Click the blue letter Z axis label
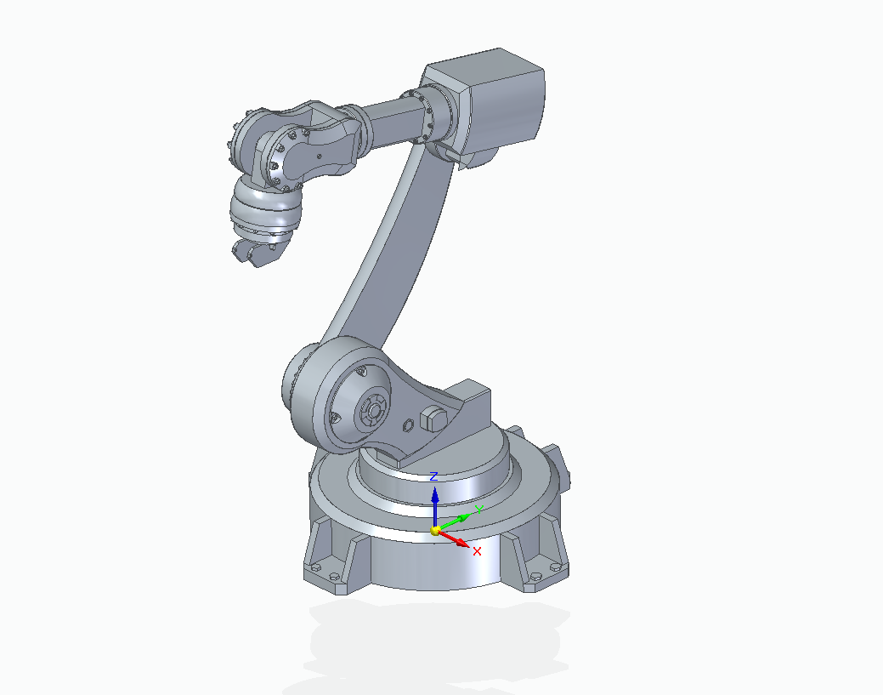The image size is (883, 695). point(433,476)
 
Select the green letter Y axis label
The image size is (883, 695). point(479,510)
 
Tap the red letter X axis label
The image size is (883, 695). point(477,551)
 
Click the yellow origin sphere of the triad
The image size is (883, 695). point(435,530)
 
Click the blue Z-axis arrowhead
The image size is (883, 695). point(434,494)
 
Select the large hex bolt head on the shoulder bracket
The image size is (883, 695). point(433,419)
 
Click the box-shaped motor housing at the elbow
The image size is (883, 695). point(493,102)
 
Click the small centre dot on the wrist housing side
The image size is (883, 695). point(318,156)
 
